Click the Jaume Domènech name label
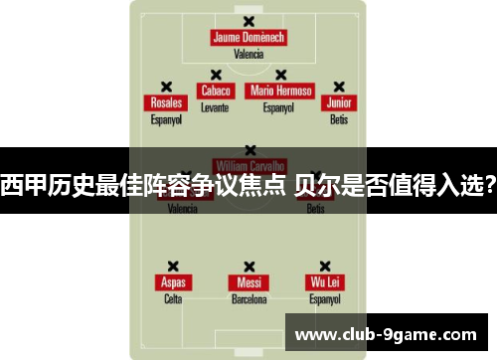[x=248, y=38]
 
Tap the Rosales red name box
[x=165, y=103]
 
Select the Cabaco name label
[x=215, y=91]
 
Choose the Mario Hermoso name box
[x=280, y=91]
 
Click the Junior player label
[x=339, y=103]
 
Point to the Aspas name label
[x=173, y=282]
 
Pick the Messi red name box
[x=248, y=282]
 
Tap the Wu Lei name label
[x=325, y=282]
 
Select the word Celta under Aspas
[x=173, y=297]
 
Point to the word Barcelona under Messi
[x=248, y=297]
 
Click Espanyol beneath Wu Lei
[x=325, y=297]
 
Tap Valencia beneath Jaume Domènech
[x=248, y=54]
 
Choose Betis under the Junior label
[x=339, y=118]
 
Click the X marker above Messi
[x=248, y=266]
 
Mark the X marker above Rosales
[x=165, y=87]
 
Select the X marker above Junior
[x=339, y=87]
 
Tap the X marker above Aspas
[x=173, y=266]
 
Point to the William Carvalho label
[x=248, y=163]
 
